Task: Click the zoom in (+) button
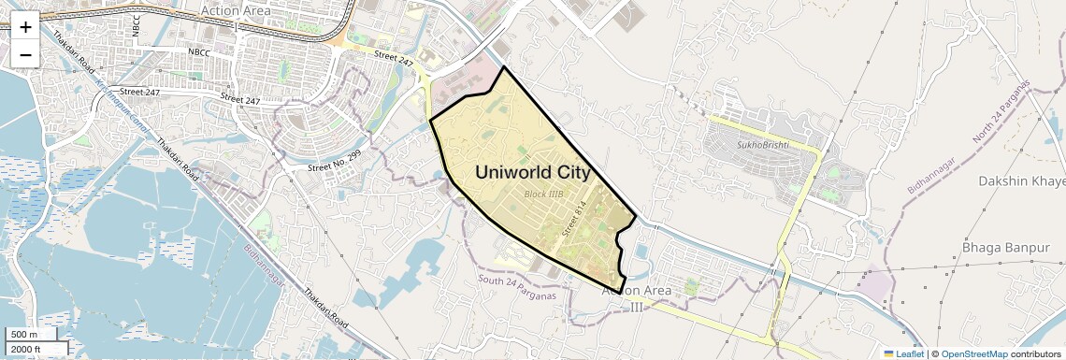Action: [x=25, y=26]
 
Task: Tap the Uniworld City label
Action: [x=533, y=173]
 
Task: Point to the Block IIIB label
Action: [x=543, y=194]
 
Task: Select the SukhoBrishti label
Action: [x=763, y=145]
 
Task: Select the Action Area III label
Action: [x=636, y=298]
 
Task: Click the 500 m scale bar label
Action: [x=24, y=335]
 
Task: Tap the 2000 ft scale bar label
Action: [x=26, y=349]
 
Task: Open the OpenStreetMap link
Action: [x=973, y=353]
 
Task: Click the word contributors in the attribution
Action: [x=1034, y=353]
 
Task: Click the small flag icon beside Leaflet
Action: [x=889, y=353]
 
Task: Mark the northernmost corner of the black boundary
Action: [x=504, y=67]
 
